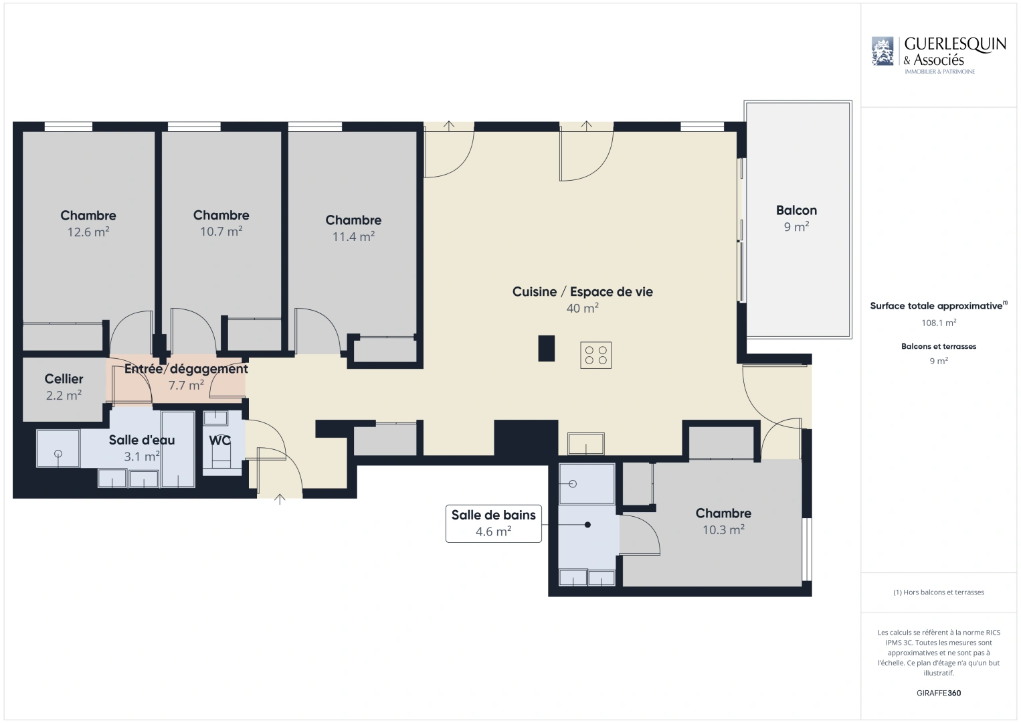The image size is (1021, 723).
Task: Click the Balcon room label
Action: click(796, 210)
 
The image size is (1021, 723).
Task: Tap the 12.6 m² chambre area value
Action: click(88, 232)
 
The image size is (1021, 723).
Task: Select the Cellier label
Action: click(64, 379)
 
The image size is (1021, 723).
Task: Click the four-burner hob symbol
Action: click(595, 355)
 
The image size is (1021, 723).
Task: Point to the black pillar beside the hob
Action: click(546, 348)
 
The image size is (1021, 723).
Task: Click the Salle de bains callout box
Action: click(494, 524)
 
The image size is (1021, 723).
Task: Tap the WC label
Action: click(219, 440)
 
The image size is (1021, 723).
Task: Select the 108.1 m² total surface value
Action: click(939, 323)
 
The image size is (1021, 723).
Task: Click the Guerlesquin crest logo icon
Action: click(883, 51)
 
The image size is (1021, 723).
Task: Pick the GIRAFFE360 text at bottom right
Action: click(939, 693)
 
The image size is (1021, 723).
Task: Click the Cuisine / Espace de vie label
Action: click(583, 292)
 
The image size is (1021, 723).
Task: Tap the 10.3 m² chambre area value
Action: click(723, 530)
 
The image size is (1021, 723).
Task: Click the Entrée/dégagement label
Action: click(186, 369)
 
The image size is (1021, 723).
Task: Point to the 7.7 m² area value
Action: click(186, 386)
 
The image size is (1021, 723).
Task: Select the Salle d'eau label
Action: click(142, 440)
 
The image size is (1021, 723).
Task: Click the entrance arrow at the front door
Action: click(280, 499)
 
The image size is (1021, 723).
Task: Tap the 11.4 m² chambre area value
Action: click(354, 237)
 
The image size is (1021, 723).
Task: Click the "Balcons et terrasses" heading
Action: click(939, 346)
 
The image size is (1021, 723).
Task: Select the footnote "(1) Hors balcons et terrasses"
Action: click(939, 592)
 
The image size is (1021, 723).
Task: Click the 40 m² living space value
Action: click(583, 309)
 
